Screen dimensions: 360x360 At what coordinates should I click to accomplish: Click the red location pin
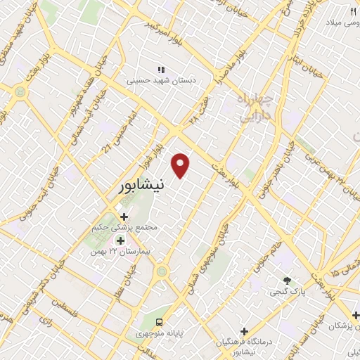tap(181, 165)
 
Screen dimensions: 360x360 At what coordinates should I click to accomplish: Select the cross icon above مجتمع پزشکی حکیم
tap(124, 217)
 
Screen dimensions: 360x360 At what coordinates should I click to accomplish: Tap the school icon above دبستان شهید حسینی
tap(160, 70)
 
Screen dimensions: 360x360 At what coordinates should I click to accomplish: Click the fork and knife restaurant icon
tap(354, 11)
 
